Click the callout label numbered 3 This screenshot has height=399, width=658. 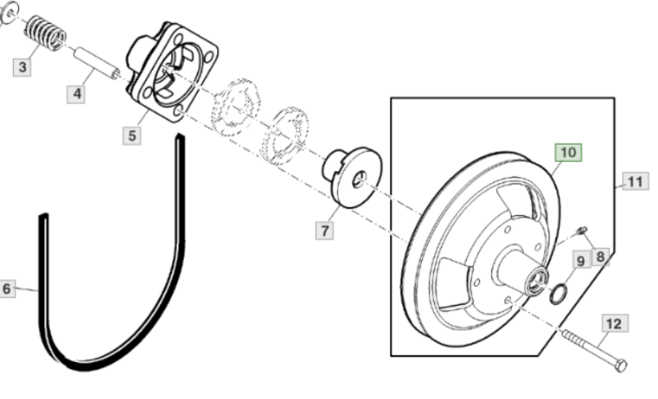(22, 68)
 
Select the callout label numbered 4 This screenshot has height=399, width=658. (76, 93)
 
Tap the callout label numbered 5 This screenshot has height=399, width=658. (132, 136)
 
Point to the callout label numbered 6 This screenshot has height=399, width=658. (7, 289)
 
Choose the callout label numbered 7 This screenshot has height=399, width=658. (325, 231)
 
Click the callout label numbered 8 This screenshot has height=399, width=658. (600, 257)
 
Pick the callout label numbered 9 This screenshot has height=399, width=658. (581, 261)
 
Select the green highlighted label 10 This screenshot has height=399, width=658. (568, 152)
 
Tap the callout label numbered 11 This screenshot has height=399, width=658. (635, 182)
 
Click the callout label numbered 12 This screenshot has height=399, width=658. (614, 324)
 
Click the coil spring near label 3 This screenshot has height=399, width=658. (45, 33)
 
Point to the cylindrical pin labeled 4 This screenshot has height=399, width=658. (96, 64)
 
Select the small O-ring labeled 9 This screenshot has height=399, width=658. (558, 294)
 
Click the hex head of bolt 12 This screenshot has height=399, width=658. (620, 365)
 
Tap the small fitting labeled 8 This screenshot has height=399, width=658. (582, 230)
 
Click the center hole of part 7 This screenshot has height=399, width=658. (358, 179)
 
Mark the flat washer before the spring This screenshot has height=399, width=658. (9, 12)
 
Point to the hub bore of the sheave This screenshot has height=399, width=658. (537, 280)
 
